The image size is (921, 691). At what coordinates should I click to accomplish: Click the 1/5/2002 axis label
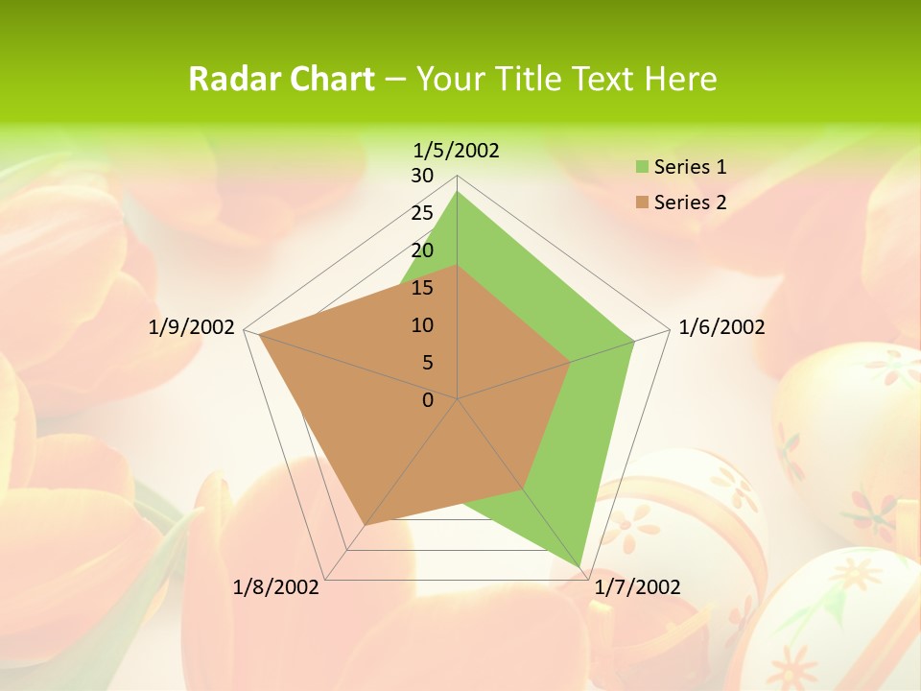coord(456,151)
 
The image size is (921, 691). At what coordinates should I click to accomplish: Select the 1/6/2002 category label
coord(721,327)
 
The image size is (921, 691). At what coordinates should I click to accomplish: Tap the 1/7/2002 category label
coord(637,587)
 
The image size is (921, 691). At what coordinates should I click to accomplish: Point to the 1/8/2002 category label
coord(276,587)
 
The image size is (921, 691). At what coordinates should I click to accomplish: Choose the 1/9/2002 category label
coord(192,327)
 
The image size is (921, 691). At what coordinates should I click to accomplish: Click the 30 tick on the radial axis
coord(422,176)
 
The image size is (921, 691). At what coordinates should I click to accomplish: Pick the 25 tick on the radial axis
coord(422,213)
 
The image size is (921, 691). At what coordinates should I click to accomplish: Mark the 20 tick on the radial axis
coord(422,250)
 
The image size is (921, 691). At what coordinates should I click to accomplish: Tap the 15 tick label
coord(422,288)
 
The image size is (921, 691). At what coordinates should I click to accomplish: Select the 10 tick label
coord(422,325)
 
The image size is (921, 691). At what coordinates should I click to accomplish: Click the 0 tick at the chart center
coord(428,400)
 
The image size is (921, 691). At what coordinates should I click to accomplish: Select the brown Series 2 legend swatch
coord(641,203)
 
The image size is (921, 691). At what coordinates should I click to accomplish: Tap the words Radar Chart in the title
coord(281,79)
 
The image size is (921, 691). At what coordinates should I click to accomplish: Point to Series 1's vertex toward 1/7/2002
coord(580,567)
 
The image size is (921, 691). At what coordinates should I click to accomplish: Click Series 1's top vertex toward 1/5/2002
coord(458,192)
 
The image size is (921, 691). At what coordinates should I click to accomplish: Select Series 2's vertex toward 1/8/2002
coord(365,525)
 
